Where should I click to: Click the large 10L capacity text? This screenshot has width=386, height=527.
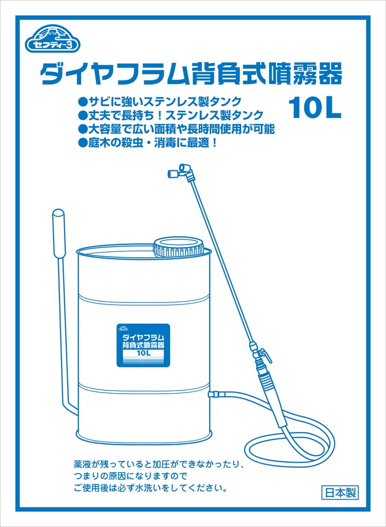[x=315, y=108]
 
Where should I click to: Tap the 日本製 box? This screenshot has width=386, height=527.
[x=340, y=493]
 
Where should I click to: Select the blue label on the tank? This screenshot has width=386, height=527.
[x=143, y=345]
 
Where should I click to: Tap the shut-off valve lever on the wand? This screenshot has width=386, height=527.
[x=265, y=355]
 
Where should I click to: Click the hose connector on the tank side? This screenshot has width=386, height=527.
[x=216, y=393]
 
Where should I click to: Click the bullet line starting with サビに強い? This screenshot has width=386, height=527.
[x=160, y=101]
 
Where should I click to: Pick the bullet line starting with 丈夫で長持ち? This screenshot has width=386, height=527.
[x=170, y=115]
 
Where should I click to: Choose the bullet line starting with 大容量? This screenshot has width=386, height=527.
[x=176, y=129]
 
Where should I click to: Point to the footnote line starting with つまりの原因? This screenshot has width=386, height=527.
[x=131, y=476]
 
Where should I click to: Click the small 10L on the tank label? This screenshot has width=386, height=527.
[x=143, y=353]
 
